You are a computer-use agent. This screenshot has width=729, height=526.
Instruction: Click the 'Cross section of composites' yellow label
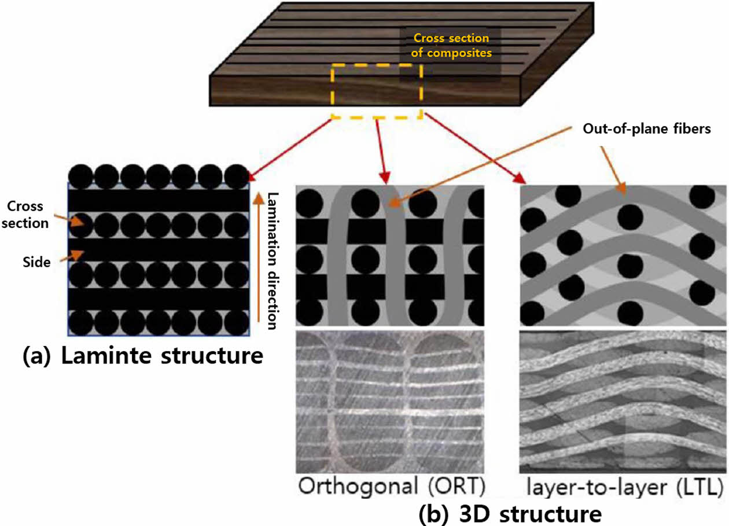[x=450, y=45]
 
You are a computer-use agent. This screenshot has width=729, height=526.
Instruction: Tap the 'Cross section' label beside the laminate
[x=28, y=215]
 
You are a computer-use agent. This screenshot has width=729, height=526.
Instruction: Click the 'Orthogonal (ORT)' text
[x=391, y=487]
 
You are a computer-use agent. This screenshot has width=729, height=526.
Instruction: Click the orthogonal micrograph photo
[x=389, y=402]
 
